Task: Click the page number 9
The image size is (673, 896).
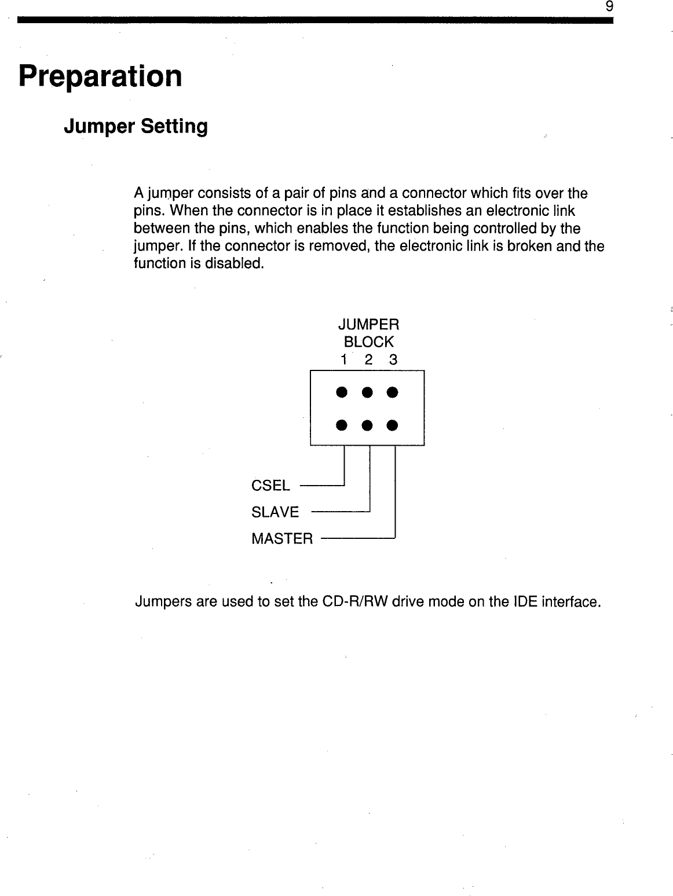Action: [x=609, y=7]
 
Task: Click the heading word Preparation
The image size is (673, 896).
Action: [x=100, y=76]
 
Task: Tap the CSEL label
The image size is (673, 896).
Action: [x=270, y=485]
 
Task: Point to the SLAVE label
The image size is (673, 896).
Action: [x=275, y=512]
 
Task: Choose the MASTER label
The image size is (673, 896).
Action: [x=282, y=539]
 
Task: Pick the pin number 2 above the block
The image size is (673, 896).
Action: [x=368, y=359]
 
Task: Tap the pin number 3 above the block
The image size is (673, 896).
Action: [x=393, y=359]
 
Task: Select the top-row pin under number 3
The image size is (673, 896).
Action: [x=392, y=392]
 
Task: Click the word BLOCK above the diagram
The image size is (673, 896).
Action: [x=368, y=341]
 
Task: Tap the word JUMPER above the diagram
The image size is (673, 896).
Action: [x=368, y=324]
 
